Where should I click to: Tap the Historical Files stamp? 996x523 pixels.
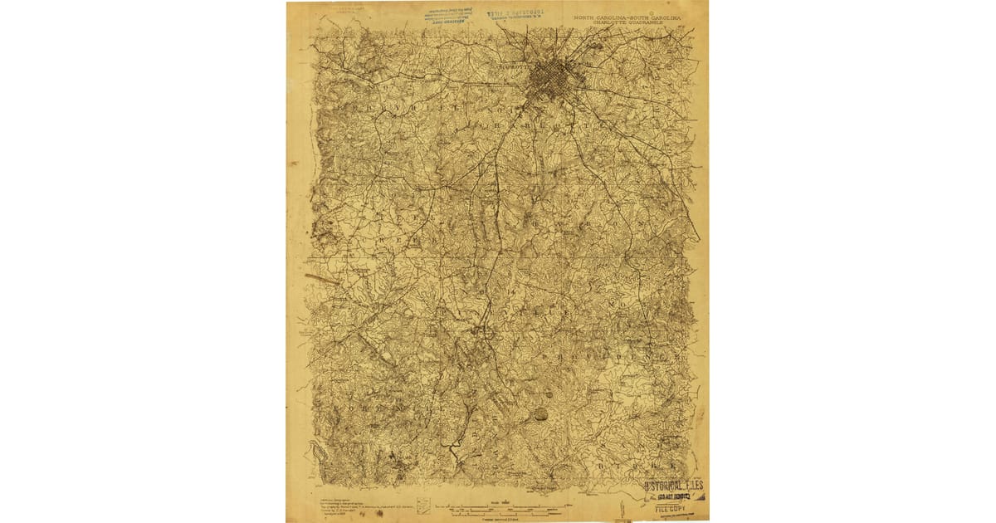pyautogui.click(x=675, y=486)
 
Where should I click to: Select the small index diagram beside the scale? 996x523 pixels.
pyautogui.click(x=424, y=506)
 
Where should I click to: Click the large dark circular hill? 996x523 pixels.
pyautogui.click(x=540, y=413)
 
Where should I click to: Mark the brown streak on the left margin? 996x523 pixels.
pyautogui.click(x=322, y=278)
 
